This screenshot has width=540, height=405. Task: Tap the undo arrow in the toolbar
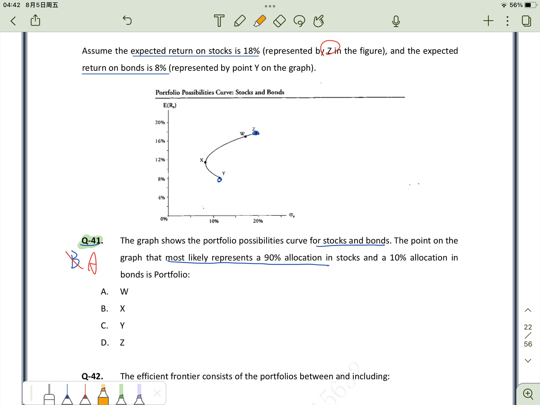[127, 20]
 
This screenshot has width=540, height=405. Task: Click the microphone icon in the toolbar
[396, 21]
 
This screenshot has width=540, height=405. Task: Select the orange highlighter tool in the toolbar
[260, 21]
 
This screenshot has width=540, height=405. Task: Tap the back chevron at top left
[13, 21]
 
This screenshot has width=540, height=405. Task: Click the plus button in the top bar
[488, 21]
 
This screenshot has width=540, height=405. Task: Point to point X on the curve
[205, 162]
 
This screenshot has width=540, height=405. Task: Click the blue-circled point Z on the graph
[256, 133]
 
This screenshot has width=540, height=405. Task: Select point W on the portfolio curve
[245, 136]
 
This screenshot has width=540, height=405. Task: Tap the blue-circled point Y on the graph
[220, 180]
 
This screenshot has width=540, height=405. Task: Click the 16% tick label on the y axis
[160, 141]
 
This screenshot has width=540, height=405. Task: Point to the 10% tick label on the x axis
[214, 221]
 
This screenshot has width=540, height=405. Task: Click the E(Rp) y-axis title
[170, 105]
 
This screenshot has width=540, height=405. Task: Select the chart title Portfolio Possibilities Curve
[220, 92]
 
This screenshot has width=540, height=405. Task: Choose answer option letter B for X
[104, 309]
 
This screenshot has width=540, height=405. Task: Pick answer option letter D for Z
[105, 343]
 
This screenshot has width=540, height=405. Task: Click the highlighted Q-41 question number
[92, 241]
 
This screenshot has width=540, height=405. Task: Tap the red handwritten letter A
[93, 263]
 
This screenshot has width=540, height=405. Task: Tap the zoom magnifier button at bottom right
[528, 394]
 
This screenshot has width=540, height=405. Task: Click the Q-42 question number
[92, 376]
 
